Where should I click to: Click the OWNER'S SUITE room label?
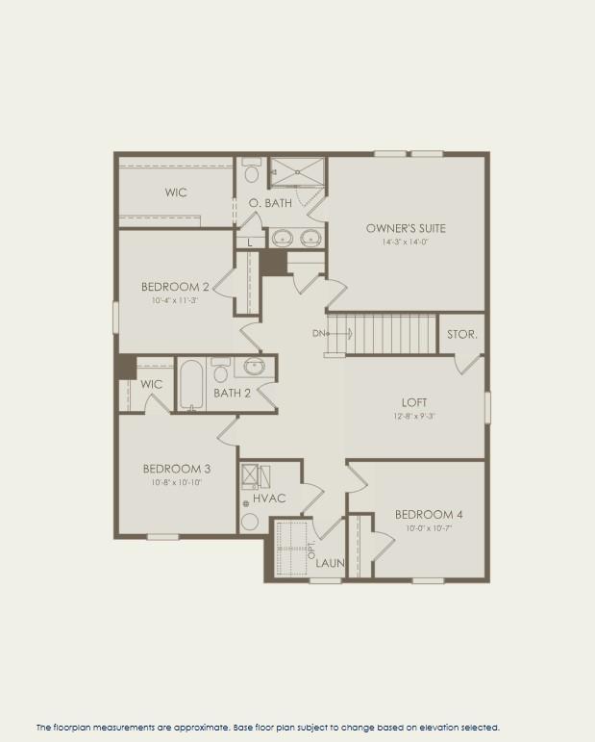pos(406,228)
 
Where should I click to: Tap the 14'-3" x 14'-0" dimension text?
pos(406,243)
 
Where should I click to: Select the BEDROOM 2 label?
pos(175,286)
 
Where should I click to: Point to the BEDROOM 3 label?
pos(177,469)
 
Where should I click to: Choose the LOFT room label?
pos(414,402)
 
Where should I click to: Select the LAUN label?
pos(330,563)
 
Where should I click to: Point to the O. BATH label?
pos(270,203)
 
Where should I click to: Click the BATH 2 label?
pos(232,393)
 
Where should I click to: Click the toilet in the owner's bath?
pos(252,172)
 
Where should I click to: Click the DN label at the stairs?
pos(318,334)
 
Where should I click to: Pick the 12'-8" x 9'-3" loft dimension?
pos(414,416)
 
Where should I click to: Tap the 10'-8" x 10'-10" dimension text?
pos(177,482)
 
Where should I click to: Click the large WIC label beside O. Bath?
pos(176,192)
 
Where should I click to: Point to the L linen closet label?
pos(250,243)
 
